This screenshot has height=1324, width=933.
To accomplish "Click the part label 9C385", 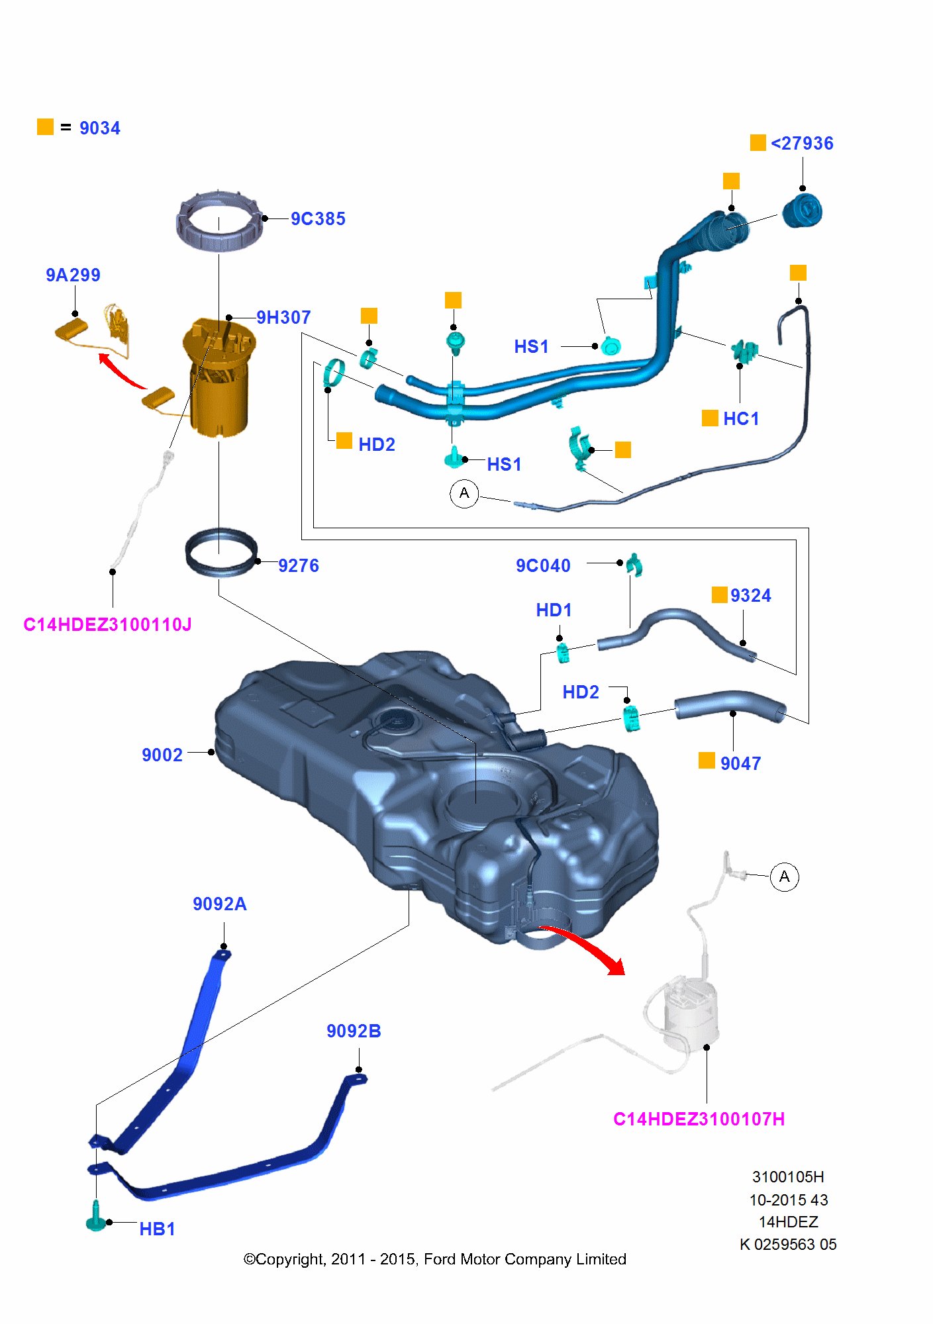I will pyautogui.click(x=318, y=219).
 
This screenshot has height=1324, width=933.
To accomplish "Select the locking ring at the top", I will pyautogui.click(x=219, y=221).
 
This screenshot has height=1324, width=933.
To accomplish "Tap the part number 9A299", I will pyautogui.click(x=73, y=275).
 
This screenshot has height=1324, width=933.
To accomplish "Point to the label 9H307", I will pyautogui.click(x=283, y=318).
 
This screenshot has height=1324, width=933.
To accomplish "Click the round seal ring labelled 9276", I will pyautogui.click(x=221, y=553).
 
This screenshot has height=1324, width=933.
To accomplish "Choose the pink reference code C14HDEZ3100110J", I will pyautogui.click(x=107, y=625).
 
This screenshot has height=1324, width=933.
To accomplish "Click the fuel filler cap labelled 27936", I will pyautogui.click(x=802, y=211).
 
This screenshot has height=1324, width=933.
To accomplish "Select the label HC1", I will pyautogui.click(x=741, y=419).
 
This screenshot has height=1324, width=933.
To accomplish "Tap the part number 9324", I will pyautogui.click(x=750, y=596).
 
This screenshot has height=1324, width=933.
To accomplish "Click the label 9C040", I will pyautogui.click(x=543, y=566).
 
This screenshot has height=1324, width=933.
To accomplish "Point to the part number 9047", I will pyautogui.click(x=740, y=764).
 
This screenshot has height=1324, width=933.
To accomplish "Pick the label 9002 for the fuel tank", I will pyautogui.click(x=162, y=755).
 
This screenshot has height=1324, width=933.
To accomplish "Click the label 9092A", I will pyautogui.click(x=220, y=904).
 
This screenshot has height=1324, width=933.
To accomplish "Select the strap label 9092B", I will pyautogui.click(x=354, y=1031).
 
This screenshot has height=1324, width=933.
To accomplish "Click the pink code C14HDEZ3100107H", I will pyautogui.click(x=699, y=1119).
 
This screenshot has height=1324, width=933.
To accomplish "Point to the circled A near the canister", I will pyautogui.click(x=785, y=877).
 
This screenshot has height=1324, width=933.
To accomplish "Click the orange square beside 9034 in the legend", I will pyautogui.click(x=45, y=126).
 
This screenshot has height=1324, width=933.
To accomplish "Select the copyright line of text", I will pyautogui.click(x=435, y=1259).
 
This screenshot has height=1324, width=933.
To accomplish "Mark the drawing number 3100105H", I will pyautogui.click(x=788, y=1177).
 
